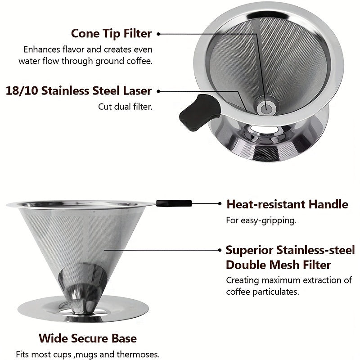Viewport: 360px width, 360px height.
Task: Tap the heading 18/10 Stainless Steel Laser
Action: click(79, 90)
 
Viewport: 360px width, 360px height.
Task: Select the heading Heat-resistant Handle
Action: click(287, 204)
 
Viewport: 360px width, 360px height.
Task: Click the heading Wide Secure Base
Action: click(87, 338)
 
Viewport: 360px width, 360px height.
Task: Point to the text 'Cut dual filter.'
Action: click(126, 107)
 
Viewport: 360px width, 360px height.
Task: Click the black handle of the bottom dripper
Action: click(175, 203)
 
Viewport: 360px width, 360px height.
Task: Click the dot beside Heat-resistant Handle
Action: click(219, 203)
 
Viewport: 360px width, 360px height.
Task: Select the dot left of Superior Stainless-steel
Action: click(219, 250)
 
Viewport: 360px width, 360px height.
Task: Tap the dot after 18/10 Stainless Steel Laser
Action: click(158, 90)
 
